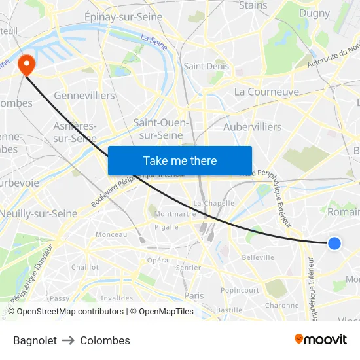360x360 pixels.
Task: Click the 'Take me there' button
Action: tap(180, 160)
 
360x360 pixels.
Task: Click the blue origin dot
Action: tap(334, 243)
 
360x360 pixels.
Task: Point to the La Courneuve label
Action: tap(266, 92)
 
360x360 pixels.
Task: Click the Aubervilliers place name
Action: tap(252, 126)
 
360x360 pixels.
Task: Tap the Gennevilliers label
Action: tap(84, 96)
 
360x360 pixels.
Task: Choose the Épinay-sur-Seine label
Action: tap(124, 17)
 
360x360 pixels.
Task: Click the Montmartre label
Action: tap(175, 213)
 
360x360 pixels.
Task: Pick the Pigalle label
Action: tap(166, 227)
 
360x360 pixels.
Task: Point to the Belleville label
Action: tap(258, 257)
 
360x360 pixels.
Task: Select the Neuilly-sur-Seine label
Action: tap(39, 213)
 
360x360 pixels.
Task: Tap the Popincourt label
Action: tap(240, 290)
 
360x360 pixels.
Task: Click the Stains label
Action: tap(253, 5)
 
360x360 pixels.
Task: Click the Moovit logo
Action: tap(321, 339)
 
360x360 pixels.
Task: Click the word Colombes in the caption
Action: tap(105, 340)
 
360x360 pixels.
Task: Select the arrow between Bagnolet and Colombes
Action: tap(69, 340)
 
